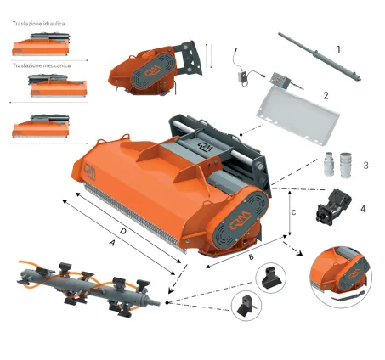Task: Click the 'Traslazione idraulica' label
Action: coord(38,24)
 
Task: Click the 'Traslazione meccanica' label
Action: coord(42,65)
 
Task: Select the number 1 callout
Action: coord(338,49)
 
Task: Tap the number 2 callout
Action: coord(326,96)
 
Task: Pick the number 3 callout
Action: coord(365,166)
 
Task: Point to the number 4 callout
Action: coord(363,209)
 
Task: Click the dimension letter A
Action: coord(113,243)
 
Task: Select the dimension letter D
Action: coord(123,231)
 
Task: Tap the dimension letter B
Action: coord(251,257)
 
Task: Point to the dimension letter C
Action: coord(294,212)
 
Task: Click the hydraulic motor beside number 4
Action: coord(333,206)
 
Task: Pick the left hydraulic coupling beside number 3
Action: coord(329,164)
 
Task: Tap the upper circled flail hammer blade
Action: coord(271,278)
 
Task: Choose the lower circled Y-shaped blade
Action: coord(246,306)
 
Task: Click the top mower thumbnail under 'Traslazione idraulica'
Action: coord(41,44)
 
